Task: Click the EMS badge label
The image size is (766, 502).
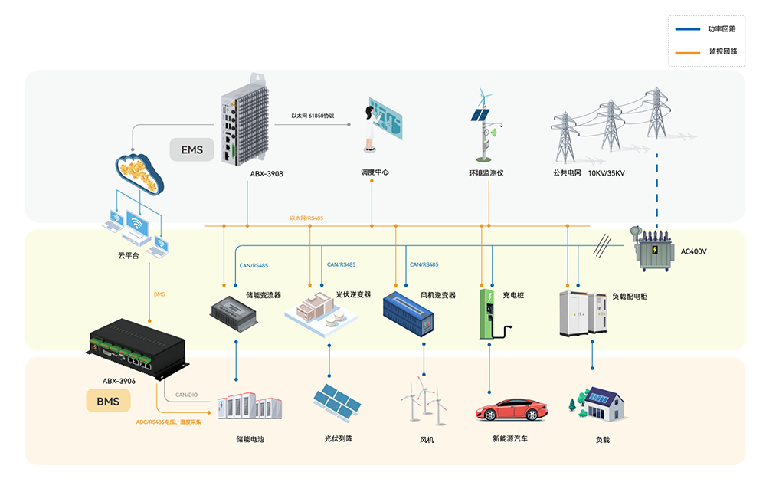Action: [x=191, y=149]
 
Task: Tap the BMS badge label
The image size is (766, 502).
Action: [x=108, y=400]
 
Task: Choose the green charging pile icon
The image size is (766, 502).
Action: [x=489, y=313]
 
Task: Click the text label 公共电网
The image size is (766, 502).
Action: [x=568, y=173]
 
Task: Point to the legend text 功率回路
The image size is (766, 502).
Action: [x=722, y=29]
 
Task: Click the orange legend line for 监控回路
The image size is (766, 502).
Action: [x=687, y=51]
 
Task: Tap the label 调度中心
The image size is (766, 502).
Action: [x=375, y=172]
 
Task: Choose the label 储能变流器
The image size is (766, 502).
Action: [x=264, y=294]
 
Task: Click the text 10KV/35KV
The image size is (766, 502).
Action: [x=607, y=173]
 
